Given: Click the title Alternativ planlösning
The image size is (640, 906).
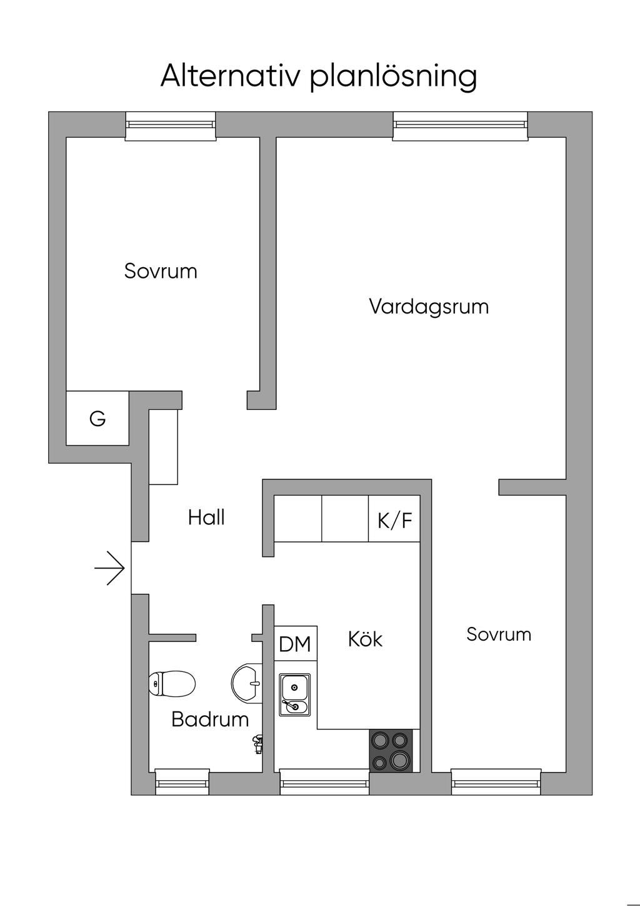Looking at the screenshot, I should (x=319, y=76).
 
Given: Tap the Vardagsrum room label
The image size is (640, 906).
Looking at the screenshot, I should (x=429, y=307).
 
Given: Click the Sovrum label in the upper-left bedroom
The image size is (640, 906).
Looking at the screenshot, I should (x=161, y=271).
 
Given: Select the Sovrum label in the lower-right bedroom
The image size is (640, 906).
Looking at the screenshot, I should (x=499, y=634).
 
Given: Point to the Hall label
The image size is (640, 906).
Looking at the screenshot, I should (x=206, y=517).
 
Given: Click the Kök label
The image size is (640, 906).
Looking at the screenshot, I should (x=365, y=639).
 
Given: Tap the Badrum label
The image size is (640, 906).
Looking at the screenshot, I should (x=210, y=720).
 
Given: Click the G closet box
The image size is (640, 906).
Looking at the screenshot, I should (x=97, y=419).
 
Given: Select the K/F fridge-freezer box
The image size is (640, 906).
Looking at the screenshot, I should (x=394, y=519).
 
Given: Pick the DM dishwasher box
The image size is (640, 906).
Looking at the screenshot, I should (x=295, y=644).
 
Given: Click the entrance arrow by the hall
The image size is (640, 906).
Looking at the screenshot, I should (x=111, y=568).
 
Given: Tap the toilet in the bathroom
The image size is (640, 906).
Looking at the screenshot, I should (x=172, y=684).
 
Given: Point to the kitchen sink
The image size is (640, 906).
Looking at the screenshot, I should (x=294, y=695).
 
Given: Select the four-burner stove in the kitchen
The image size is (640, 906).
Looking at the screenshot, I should (x=391, y=750).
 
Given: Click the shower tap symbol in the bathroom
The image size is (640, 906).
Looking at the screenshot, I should (x=256, y=744).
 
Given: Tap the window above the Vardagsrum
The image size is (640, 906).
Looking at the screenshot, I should (x=460, y=126).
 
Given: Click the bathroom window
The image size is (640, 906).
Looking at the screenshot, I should (x=181, y=781).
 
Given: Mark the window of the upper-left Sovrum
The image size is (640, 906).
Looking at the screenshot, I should (x=170, y=126).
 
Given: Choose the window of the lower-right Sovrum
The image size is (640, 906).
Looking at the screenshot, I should (x=496, y=781).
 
